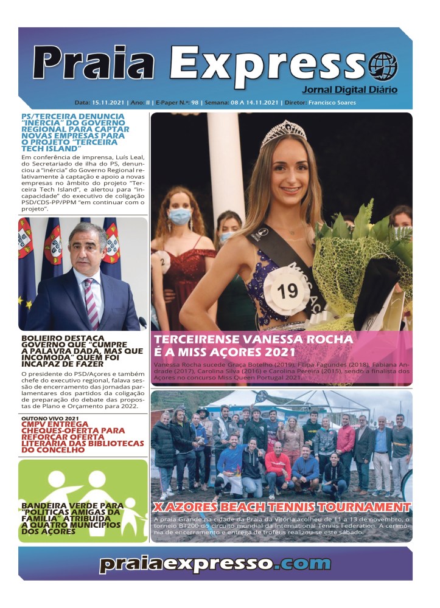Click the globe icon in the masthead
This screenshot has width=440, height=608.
pos(383,67)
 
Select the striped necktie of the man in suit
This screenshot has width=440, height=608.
pos(92,303)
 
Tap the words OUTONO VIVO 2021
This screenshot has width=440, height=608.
pos(50,419)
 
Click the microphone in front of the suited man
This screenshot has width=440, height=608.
pos(142,321)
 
